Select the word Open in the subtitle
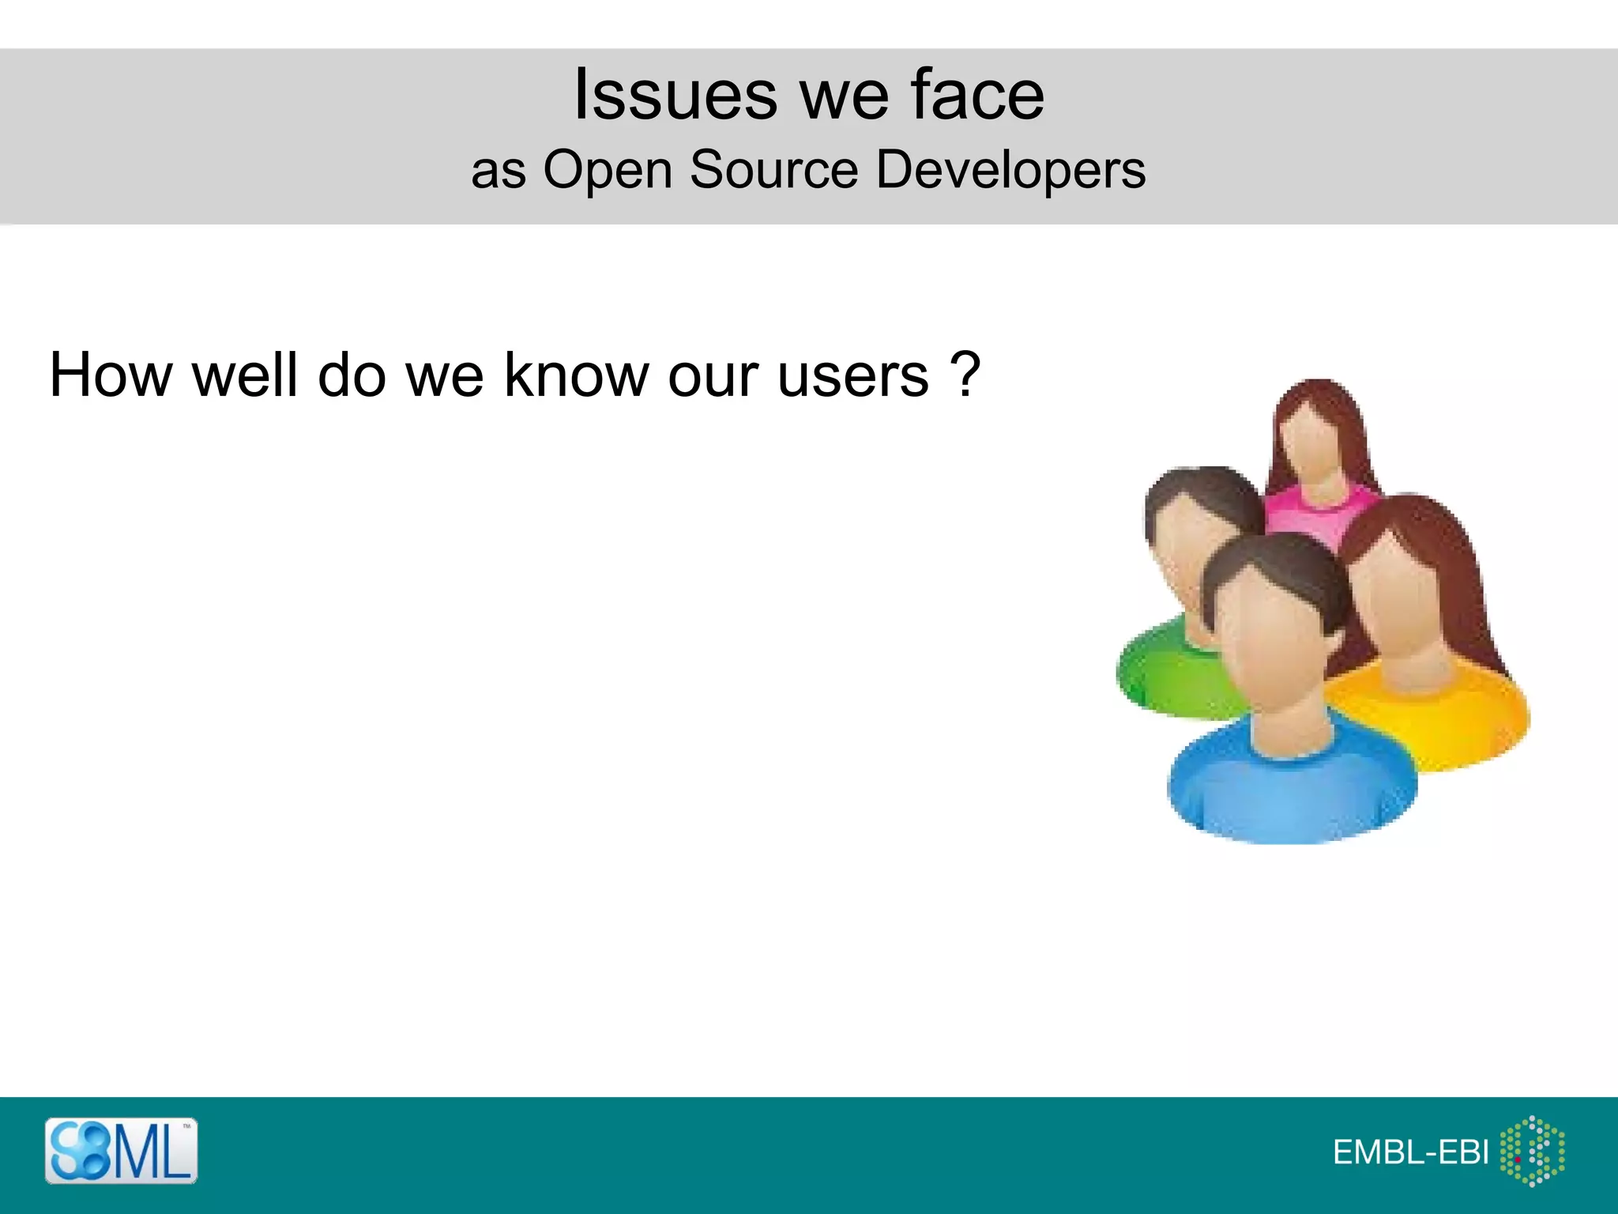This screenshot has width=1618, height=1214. click(607, 169)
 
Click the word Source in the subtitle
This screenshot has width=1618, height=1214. click(773, 169)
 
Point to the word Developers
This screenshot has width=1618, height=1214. click(1010, 169)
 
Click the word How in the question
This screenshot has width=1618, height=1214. click(110, 375)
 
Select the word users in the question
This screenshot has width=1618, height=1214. click(853, 375)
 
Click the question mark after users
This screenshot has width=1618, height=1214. click(965, 375)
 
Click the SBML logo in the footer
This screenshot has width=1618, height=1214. click(121, 1151)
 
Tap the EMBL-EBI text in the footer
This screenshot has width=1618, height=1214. click(1410, 1152)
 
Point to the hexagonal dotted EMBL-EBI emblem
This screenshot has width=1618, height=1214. click(1532, 1151)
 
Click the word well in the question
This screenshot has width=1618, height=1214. click(245, 375)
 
